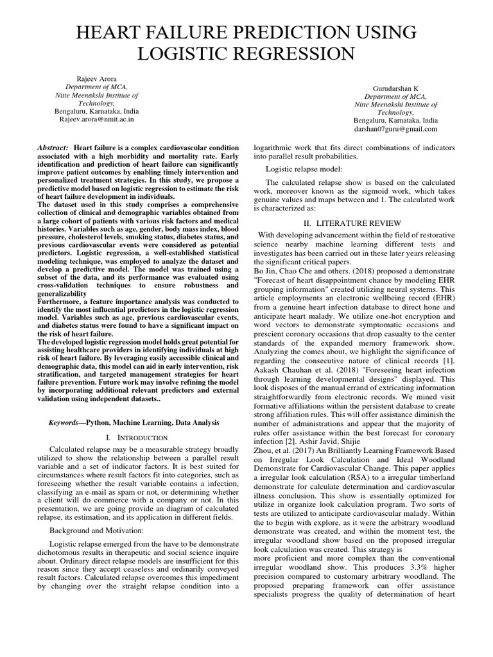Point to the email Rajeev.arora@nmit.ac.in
tap(98, 119)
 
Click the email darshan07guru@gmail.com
tap(395, 128)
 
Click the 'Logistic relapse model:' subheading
tap(304, 169)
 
